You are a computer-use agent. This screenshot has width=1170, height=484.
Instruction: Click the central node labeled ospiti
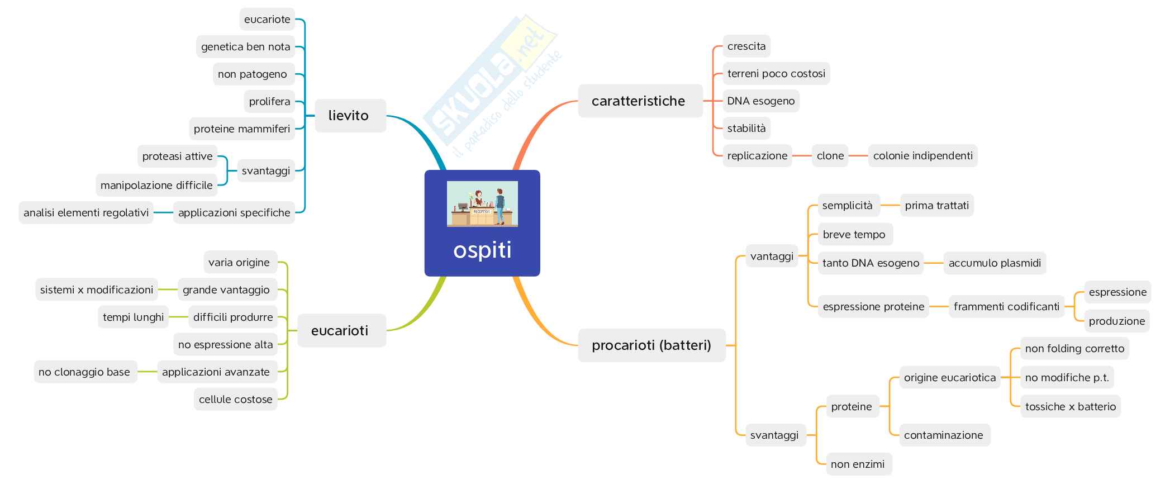[x=482, y=250]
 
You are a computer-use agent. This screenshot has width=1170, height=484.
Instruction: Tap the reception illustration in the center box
[x=482, y=203]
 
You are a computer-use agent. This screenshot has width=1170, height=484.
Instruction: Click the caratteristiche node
[x=639, y=101]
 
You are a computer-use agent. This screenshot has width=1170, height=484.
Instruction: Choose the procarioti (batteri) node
[x=651, y=345]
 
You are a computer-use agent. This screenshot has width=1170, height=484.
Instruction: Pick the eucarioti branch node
[x=341, y=331]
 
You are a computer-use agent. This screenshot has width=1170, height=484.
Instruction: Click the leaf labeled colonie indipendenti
[x=922, y=156]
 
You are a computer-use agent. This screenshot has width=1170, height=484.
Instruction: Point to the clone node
[x=830, y=156]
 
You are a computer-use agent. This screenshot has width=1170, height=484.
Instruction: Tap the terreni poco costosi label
[x=776, y=74]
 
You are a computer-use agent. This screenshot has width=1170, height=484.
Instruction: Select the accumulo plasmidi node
[x=994, y=263]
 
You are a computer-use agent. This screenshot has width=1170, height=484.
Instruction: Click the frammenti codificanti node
[x=1006, y=307]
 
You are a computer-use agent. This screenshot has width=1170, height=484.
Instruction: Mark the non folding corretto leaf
[x=1074, y=349]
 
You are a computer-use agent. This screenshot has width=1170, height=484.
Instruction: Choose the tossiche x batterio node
[x=1070, y=407]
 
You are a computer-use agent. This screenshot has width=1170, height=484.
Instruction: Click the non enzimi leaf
[x=858, y=464]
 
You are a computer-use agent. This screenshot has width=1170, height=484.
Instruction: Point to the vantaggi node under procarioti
[x=772, y=257]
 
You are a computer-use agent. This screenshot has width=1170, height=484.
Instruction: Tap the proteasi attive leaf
[x=177, y=156]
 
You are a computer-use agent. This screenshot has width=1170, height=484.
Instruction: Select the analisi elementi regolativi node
[x=86, y=213]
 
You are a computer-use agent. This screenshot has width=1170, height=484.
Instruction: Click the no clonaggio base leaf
[x=84, y=372]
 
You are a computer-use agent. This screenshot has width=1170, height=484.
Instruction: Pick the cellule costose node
[x=235, y=400]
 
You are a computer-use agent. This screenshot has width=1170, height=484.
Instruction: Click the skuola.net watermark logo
[x=492, y=84]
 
